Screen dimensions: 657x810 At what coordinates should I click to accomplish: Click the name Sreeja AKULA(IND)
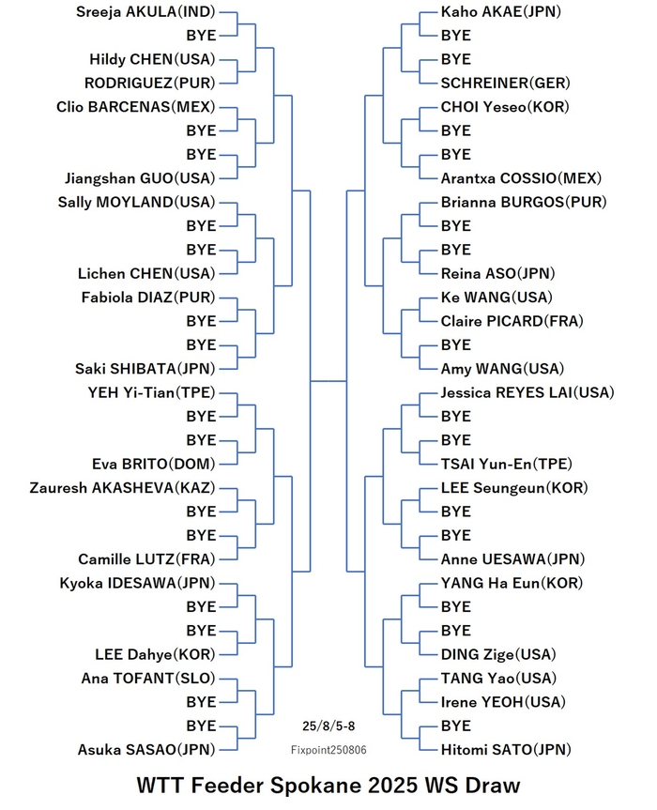[x=145, y=12]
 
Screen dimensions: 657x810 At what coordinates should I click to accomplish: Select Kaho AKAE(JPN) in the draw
[x=500, y=12]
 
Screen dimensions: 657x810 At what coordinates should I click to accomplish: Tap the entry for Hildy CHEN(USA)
[x=152, y=59]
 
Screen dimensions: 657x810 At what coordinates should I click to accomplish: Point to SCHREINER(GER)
[x=505, y=84]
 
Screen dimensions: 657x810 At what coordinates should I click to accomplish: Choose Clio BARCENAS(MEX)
[x=136, y=107]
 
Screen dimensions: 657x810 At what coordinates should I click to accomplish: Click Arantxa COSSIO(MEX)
[x=521, y=178]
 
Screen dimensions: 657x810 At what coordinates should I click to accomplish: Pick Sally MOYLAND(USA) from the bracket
[x=136, y=203]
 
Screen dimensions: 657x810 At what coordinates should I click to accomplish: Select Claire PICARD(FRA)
[x=512, y=321]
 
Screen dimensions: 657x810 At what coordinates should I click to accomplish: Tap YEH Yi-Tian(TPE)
[x=151, y=393]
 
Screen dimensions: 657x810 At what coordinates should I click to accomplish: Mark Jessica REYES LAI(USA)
[x=527, y=393]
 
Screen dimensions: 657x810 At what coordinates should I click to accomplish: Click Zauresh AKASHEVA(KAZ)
[x=122, y=488]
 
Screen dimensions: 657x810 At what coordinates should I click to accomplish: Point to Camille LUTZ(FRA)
[x=146, y=559]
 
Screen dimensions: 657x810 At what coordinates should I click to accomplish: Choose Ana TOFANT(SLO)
[x=148, y=679]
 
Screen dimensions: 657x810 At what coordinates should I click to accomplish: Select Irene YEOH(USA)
[x=503, y=702]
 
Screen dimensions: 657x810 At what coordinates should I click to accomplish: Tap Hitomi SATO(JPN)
[x=506, y=750]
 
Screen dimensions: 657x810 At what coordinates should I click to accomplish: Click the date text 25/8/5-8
[x=328, y=726]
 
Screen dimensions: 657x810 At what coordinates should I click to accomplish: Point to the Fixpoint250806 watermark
[x=328, y=750]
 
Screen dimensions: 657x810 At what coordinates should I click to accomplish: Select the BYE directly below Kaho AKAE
[x=455, y=36]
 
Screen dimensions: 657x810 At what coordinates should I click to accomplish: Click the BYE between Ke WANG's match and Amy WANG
[x=455, y=345]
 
